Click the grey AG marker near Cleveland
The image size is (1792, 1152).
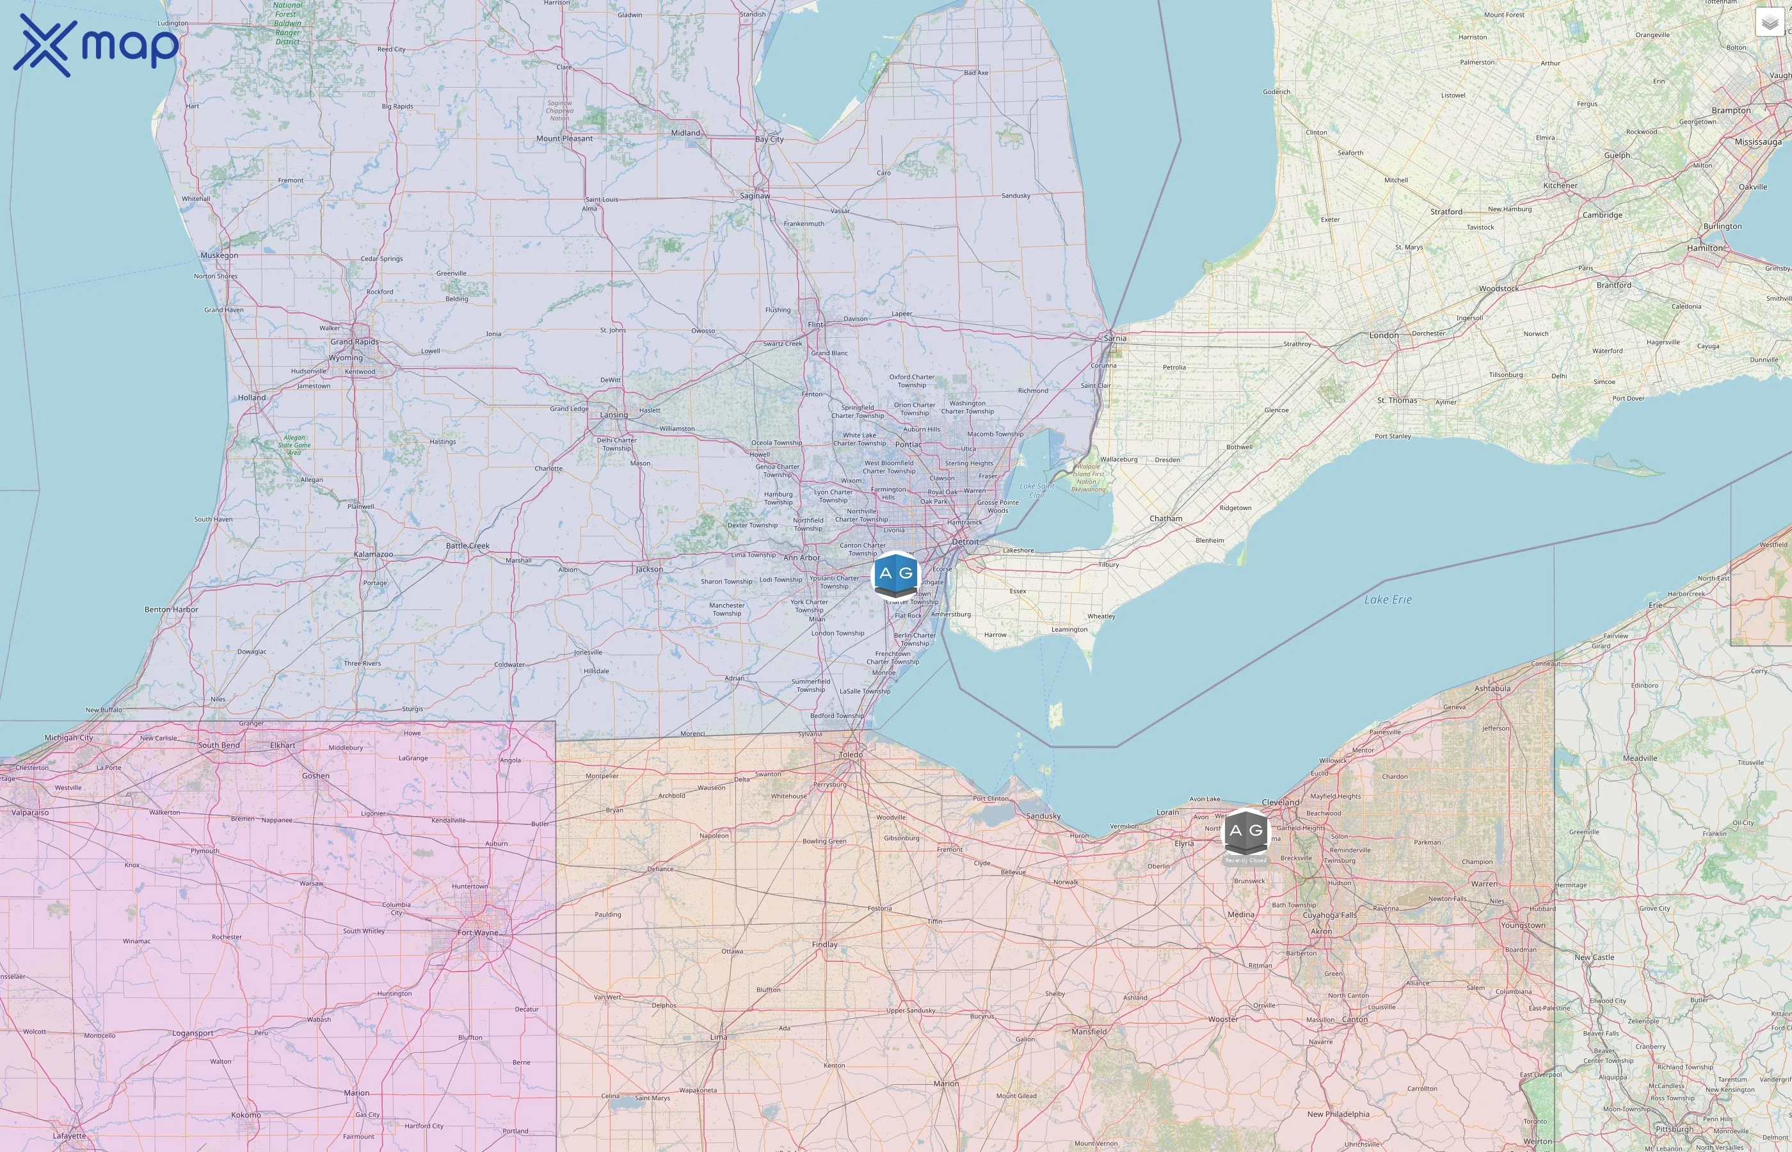click(x=1245, y=831)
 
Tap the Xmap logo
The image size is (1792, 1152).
click(x=96, y=45)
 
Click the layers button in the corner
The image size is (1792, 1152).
click(x=1770, y=22)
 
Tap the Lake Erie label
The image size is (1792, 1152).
click(x=1388, y=599)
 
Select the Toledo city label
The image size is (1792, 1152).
click(x=851, y=754)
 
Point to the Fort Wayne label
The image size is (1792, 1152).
click(x=477, y=933)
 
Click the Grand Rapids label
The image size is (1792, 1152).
click(x=355, y=342)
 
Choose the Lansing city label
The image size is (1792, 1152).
click(x=613, y=415)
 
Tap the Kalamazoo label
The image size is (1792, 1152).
click(x=373, y=554)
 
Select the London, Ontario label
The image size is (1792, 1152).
click(x=1383, y=335)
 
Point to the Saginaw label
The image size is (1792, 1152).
click(x=755, y=196)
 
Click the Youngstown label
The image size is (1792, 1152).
click(x=1523, y=925)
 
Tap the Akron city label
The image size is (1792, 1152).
click(x=1321, y=931)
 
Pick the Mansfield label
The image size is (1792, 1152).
click(x=1089, y=1032)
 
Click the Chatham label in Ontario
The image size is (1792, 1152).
click(x=1165, y=518)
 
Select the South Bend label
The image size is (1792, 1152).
click(x=218, y=745)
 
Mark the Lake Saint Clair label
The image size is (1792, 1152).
click(x=1037, y=491)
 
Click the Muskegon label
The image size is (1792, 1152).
click(x=219, y=255)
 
